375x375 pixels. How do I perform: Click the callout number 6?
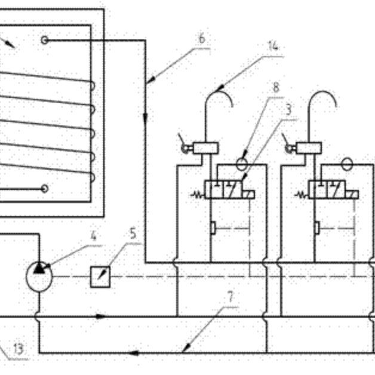pos(202,38)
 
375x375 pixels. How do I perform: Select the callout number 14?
pos(273,45)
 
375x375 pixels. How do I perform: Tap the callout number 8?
pos(276,87)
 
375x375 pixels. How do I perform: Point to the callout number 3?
pos(289,109)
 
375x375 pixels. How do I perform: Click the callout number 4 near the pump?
pos(94,236)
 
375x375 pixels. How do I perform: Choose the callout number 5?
pos(133,233)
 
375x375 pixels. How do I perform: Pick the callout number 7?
pos(230,297)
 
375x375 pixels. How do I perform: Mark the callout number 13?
pos(19,349)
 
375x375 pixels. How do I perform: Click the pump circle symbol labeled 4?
pos(39,276)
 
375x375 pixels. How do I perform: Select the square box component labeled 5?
pos(100,276)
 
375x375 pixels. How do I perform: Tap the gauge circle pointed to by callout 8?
pos(242,164)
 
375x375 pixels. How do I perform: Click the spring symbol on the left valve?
pos(198,195)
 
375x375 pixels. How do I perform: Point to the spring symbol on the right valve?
pos(302,195)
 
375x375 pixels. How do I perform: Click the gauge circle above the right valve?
pos(347,164)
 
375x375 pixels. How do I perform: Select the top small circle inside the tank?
pos(44,40)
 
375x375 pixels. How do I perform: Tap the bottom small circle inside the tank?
pos(44,189)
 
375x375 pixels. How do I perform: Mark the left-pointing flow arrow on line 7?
pos(133,353)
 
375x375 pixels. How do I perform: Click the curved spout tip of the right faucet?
pos(336,105)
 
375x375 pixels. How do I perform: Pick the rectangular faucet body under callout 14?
pos(205,148)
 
